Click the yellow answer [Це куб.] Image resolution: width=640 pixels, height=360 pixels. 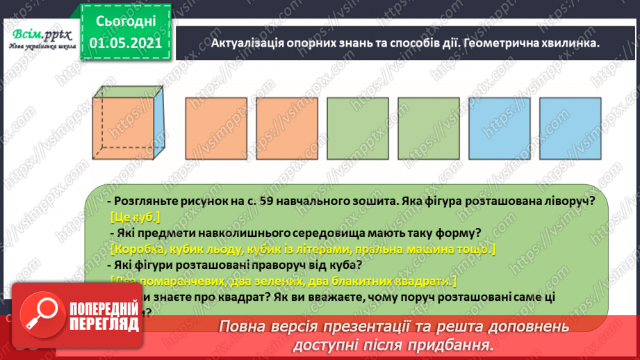(135, 216)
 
